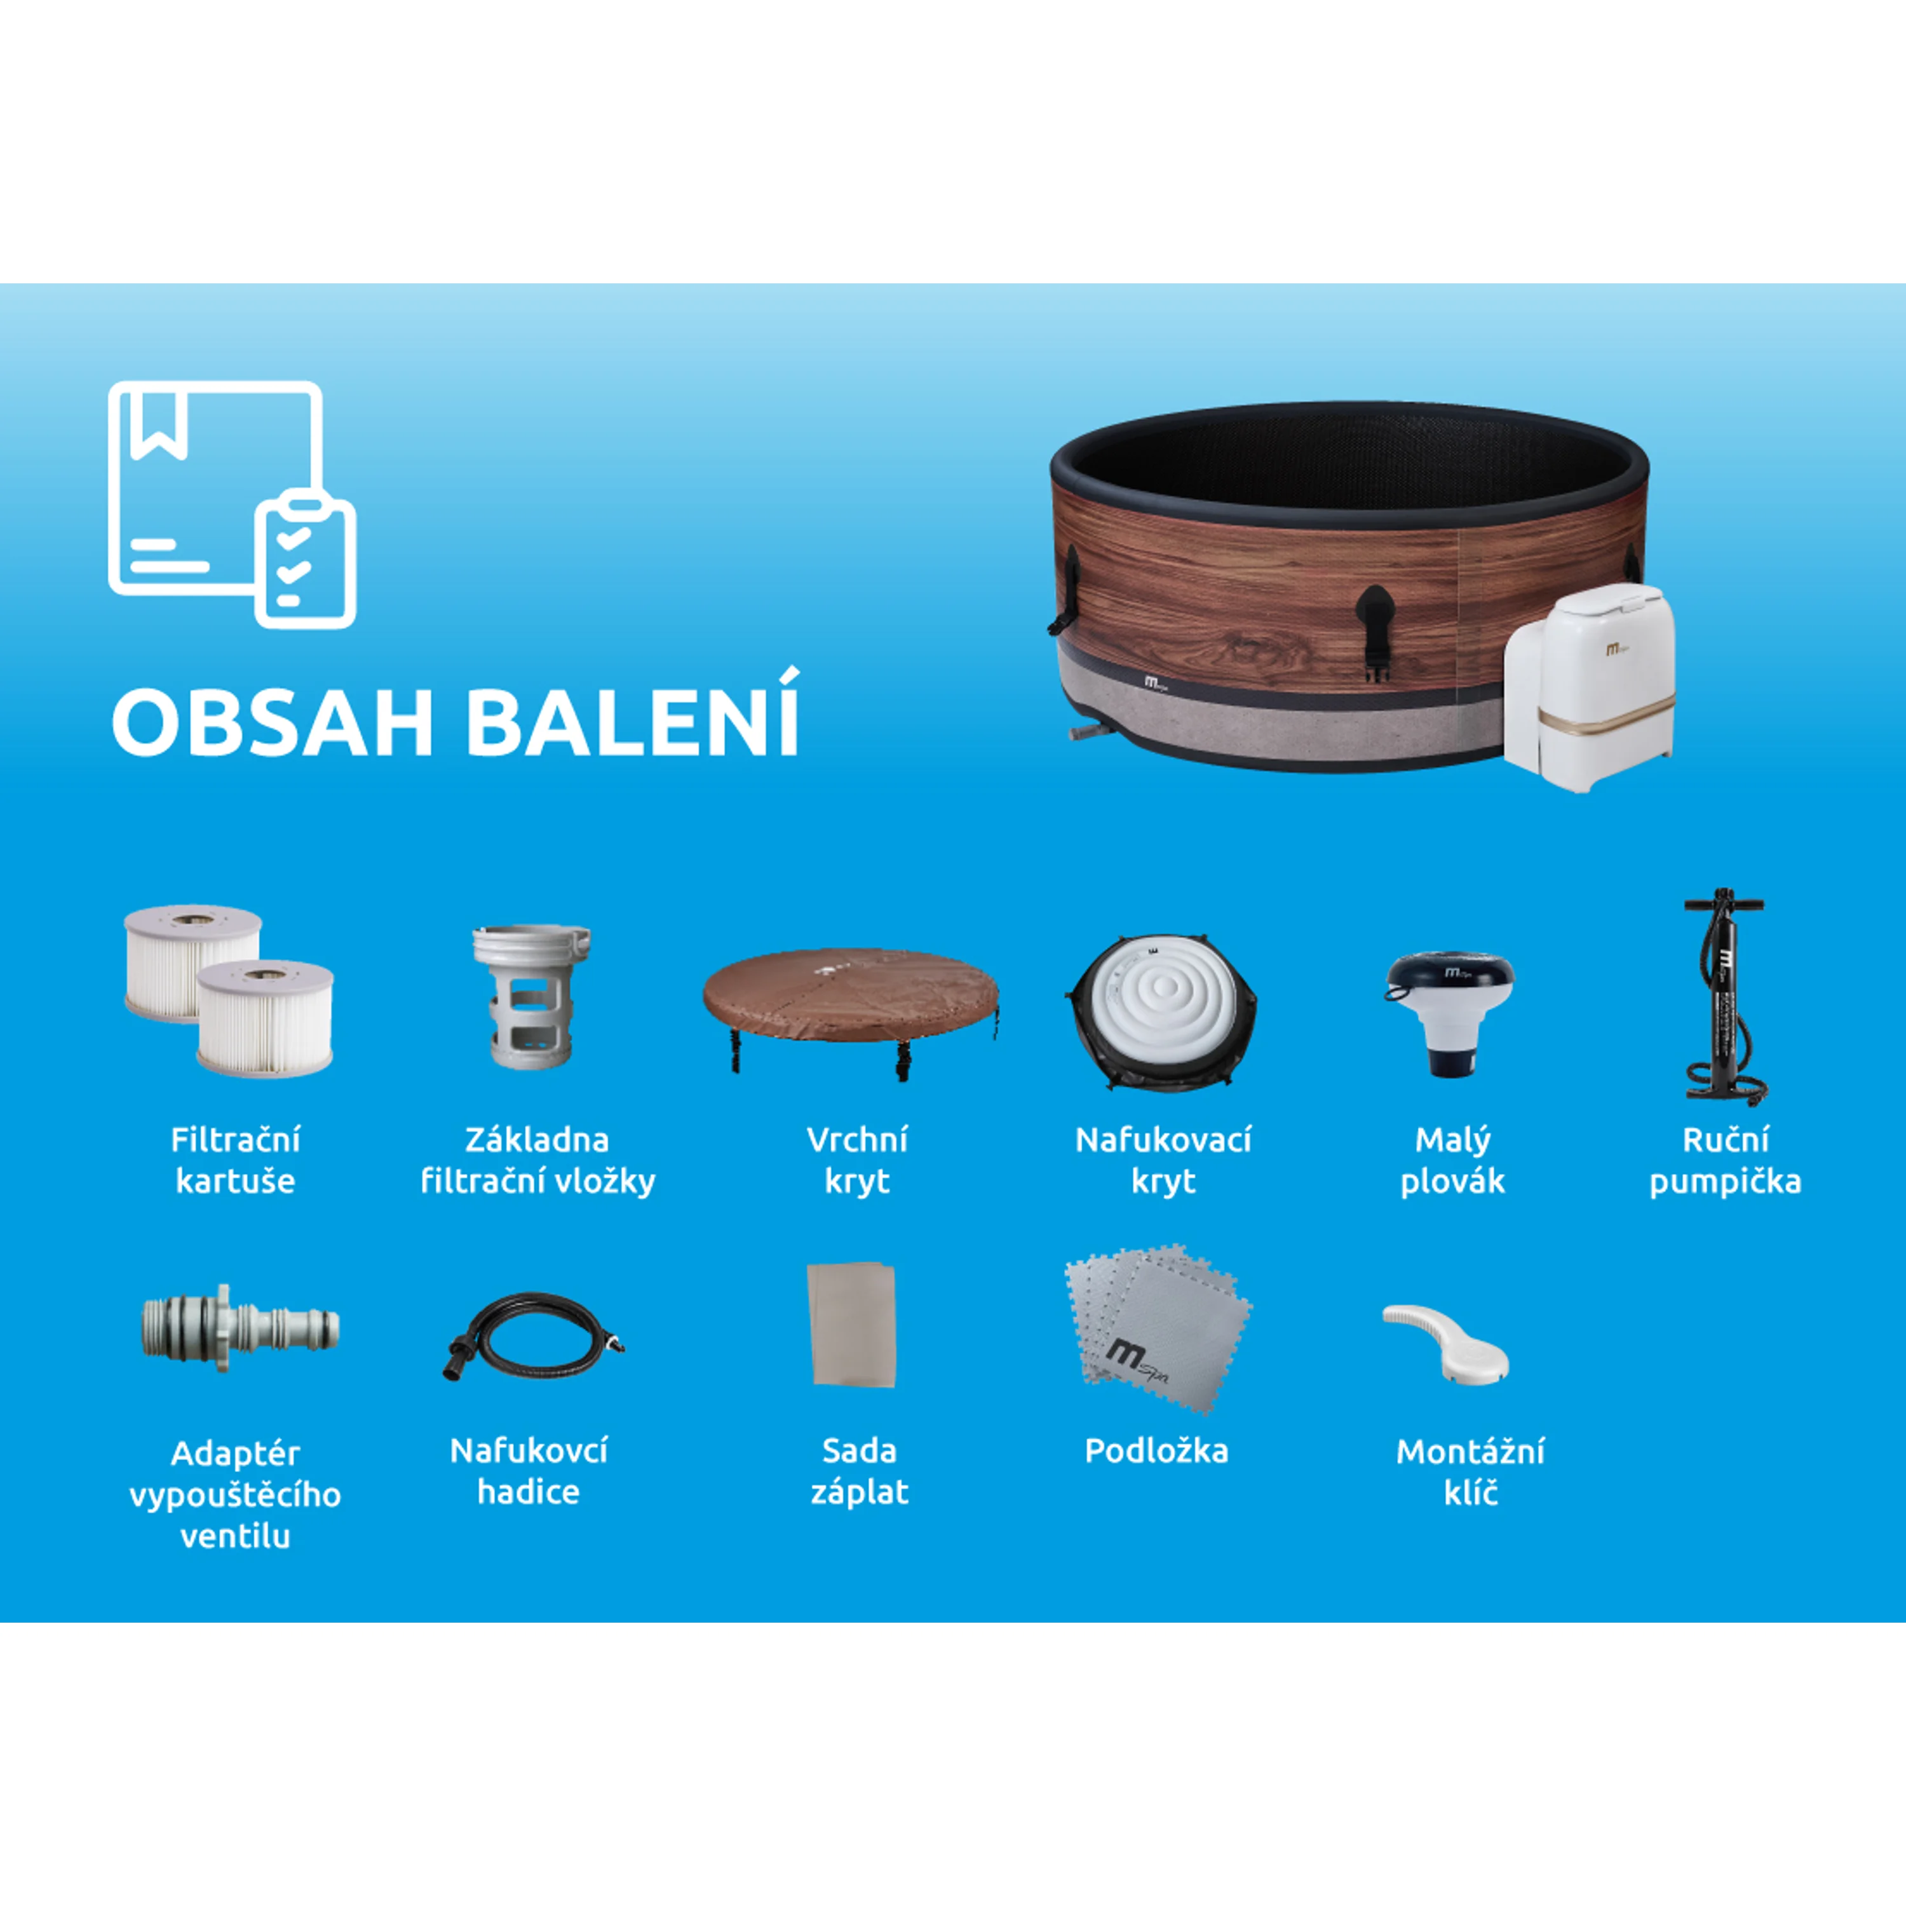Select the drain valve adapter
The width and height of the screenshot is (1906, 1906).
coord(240,1327)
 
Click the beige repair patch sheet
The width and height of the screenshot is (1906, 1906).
coord(851,1324)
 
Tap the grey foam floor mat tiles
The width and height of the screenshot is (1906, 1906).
coord(1157,1328)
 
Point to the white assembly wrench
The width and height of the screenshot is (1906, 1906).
coord(1445,1342)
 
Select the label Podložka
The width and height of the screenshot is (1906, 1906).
coord(1156,1450)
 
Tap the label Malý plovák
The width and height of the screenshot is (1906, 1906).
coord(1452,1160)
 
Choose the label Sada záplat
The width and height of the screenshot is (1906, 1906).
coord(859,1471)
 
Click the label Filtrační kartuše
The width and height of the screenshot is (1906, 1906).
coord(235,1160)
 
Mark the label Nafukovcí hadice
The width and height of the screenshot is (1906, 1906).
coord(529,1471)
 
